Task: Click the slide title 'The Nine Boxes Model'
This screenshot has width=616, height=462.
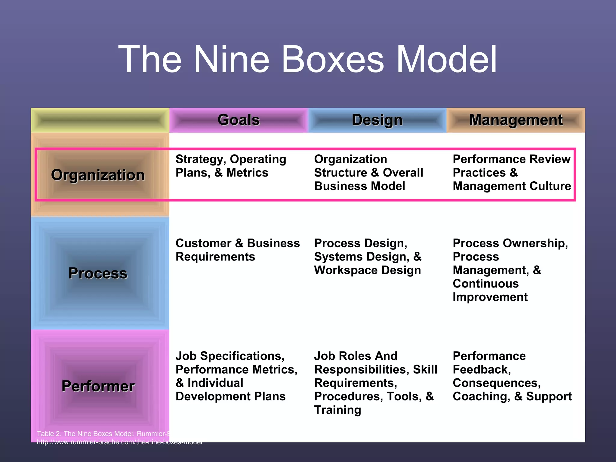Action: pos(307,59)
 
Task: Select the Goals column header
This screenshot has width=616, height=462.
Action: pos(239,120)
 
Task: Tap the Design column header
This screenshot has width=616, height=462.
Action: pos(377,120)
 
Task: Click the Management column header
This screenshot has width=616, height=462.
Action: pos(516,120)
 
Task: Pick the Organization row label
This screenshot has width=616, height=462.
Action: pos(98,175)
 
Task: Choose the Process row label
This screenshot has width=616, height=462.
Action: pos(98,273)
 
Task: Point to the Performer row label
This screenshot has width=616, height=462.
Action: pos(98,386)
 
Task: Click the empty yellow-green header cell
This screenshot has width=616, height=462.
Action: pos(100,120)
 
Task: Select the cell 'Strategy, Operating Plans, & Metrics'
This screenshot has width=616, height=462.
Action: pos(231,166)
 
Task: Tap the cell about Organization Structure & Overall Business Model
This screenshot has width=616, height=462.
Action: pos(368,173)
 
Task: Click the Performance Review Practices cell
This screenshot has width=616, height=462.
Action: pos(512,173)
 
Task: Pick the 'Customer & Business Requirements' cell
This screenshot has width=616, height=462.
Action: pos(238,250)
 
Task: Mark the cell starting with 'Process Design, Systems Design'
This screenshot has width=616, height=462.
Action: pos(368,257)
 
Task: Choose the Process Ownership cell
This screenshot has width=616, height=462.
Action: pos(510,270)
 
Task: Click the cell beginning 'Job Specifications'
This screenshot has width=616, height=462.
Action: pos(236,376)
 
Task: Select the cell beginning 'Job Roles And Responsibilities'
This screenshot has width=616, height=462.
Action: pos(375,383)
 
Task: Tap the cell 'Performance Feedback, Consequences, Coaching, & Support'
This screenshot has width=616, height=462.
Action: pos(512,376)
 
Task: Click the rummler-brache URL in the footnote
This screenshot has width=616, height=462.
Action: pos(119,442)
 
